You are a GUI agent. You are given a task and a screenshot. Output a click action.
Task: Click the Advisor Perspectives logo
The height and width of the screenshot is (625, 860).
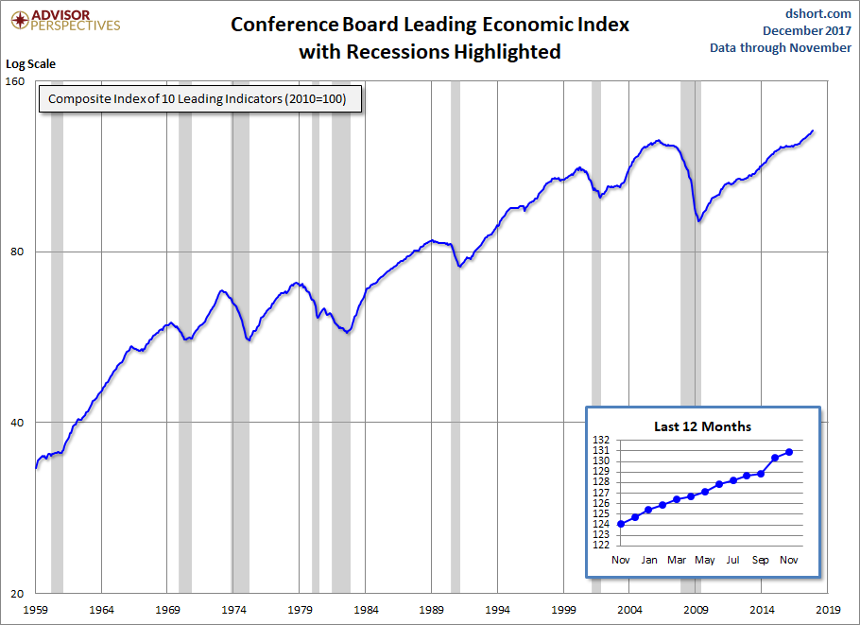point(65,20)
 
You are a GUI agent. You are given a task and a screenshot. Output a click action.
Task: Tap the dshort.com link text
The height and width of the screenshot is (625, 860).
point(818,13)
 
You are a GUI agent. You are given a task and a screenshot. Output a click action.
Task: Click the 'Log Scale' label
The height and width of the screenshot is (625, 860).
point(30,64)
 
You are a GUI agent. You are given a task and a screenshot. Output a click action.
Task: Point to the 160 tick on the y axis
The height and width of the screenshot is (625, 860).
point(15,81)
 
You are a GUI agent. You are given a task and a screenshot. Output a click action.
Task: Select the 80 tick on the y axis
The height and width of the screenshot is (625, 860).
point(18,252)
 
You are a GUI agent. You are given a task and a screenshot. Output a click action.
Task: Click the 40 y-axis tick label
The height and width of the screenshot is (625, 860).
point(18,423)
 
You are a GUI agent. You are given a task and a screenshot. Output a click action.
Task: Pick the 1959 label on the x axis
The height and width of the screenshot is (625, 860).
point(36,610)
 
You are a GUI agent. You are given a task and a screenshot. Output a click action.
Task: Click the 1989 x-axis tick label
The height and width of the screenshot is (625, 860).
point(432,610)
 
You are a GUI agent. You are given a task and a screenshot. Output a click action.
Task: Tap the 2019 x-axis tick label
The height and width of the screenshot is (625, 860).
point(828,610)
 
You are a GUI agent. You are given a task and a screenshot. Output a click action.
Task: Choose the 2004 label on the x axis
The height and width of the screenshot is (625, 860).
point(629,610)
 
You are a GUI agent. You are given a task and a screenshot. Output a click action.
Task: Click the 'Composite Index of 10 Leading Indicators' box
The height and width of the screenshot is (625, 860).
point(200,98)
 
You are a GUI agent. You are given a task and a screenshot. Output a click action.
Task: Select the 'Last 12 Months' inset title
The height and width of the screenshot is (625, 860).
point(702,426)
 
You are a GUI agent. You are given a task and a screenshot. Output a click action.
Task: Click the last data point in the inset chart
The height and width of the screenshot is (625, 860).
point(789,452)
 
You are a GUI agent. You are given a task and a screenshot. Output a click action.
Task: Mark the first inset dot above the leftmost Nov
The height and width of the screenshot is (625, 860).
point(621,524)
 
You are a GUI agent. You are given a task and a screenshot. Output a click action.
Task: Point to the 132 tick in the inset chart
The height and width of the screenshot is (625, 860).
point(601,440)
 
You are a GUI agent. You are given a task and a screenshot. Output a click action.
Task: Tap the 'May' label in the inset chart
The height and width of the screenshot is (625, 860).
point(705,561)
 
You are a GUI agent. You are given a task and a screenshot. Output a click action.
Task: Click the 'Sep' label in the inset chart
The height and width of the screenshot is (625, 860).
point(761,561)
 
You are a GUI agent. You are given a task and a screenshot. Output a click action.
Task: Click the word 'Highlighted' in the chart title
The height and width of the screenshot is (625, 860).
point(507,52)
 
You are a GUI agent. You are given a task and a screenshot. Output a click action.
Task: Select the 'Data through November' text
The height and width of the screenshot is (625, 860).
point(781,47)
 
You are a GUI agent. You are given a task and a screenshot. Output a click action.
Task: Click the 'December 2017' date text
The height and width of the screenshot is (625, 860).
point(807,30)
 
